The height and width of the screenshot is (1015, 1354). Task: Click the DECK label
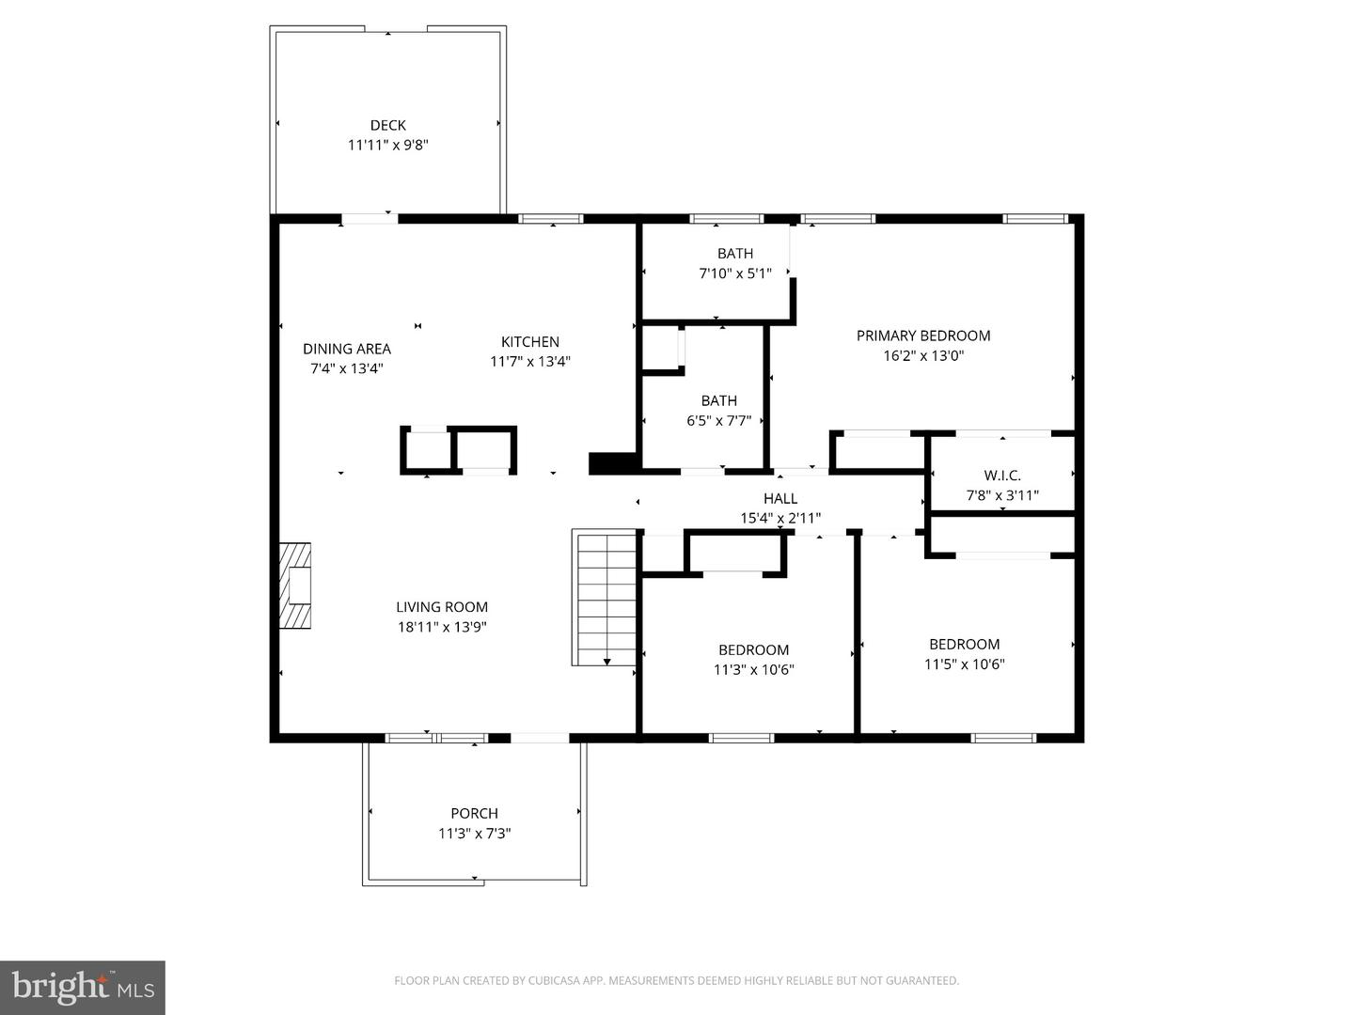(x=388, y=125)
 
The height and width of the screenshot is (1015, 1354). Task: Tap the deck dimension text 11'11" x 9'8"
(x=388, y=145)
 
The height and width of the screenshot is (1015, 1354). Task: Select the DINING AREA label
(x=347, y=349)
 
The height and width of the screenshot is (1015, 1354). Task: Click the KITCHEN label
(x=530, y=342)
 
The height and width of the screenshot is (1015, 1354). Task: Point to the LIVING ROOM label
(x=442, y=607)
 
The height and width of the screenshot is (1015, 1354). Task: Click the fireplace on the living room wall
(x=295, y=586)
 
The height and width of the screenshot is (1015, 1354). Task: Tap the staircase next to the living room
(x=604, y=597)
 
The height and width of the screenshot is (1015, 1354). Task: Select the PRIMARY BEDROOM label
(x=923, y=336)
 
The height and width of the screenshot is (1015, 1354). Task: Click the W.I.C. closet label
(x=1002, y=476)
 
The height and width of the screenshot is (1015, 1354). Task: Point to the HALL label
(x=780, y=498)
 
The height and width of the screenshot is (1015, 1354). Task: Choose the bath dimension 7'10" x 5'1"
(x=735, y=273)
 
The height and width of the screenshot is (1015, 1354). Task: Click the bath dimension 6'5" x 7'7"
(x=719, y=421)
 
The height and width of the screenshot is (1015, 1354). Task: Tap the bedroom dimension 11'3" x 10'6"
(x=754, y=669)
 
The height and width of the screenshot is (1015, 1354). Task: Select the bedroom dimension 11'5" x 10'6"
(x=965, y=664)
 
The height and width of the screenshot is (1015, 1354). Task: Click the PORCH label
(x=474, y=814)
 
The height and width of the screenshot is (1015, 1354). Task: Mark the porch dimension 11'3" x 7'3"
(x=474, y=834)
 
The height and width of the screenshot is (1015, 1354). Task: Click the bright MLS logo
(x=83, y=988)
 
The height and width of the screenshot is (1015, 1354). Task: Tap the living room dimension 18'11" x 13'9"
(x=442, y=627)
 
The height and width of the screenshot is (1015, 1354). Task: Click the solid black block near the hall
(x=612, y=462)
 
